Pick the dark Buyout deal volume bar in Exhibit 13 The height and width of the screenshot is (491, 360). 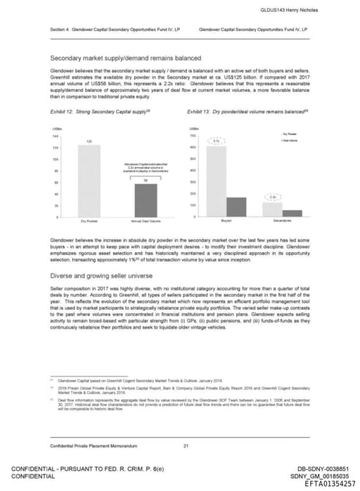click(236, 207)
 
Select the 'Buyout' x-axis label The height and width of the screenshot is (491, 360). click(226, 221)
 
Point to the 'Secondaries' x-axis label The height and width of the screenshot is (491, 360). click(282, 221)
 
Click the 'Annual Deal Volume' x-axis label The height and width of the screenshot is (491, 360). click(146, 221)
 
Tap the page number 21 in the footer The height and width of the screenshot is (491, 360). click(186, 447)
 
